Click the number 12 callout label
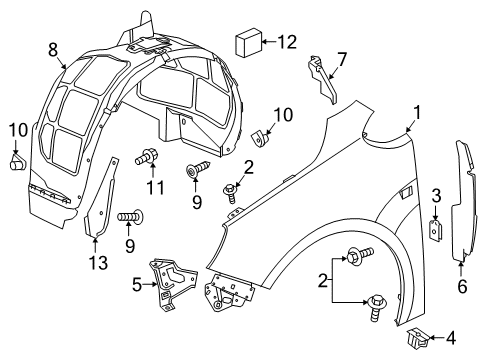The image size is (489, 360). coord(287,42)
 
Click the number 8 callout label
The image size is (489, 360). coord(53,47)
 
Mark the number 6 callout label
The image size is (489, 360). coord(462,286)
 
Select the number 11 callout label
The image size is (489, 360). coord(153,187)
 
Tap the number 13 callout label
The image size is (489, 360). coord(95,263)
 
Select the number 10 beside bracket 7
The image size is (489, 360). coord(283,116)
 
